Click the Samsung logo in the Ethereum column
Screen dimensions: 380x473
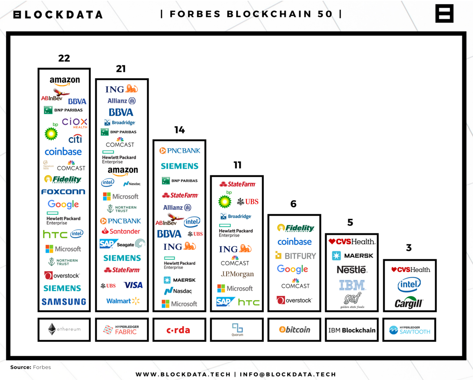[64, 302]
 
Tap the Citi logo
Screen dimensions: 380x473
[75, 139]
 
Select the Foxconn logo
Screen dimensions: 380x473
[63, 191]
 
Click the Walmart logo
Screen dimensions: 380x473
[123, 301]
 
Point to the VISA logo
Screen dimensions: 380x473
[133, 285]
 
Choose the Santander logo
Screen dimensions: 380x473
[121, 231]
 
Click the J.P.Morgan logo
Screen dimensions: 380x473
[237, 274]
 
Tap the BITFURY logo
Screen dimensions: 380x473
[295, 256]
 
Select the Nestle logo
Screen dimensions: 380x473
[352, 269]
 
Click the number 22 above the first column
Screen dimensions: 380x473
[64, 58]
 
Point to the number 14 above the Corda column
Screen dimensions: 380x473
[179, 130]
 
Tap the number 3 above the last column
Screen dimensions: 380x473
[408, 248]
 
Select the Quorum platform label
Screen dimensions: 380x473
[237, 329]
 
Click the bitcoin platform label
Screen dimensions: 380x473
[295, 329]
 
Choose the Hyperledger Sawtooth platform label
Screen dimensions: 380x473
[410, 330]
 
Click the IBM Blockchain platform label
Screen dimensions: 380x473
[352, 330]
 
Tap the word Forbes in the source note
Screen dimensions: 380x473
[42, 367]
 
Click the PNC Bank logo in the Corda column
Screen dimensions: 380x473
[180, 151]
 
